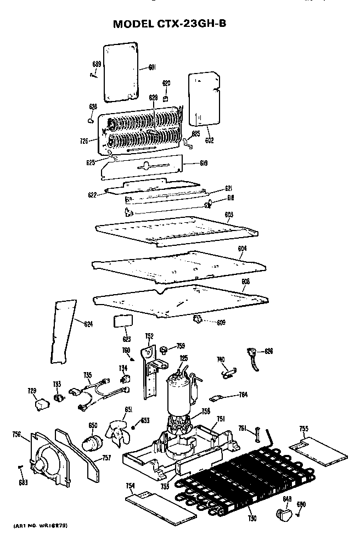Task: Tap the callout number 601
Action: [152, 68]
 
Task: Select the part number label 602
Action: [209, 140]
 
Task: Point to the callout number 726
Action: [84, 141]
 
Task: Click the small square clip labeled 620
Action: [165, 99]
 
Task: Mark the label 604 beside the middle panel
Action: [242, 249]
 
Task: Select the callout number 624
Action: [88, 324]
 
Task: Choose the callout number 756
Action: [16, 435]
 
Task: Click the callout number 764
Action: [243, 395]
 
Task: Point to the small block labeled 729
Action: [40, 404]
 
